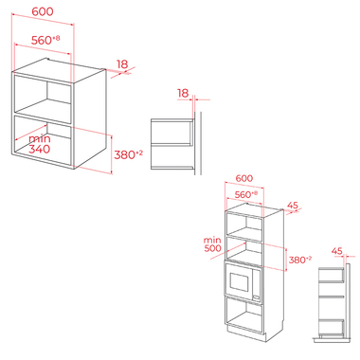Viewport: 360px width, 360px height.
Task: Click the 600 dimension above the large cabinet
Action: click(x=43, y=11)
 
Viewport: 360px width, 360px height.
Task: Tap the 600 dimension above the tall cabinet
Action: click(x=244, y=178)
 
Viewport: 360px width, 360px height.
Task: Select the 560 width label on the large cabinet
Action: click(x=42, y=41)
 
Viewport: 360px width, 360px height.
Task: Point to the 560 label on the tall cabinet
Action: click(x=243, y=195)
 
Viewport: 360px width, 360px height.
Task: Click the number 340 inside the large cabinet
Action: click(x=40, y=149)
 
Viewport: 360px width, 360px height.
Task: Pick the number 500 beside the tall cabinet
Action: click(x=212, y=248)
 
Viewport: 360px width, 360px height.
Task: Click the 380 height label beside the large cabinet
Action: click(x=124, y=155)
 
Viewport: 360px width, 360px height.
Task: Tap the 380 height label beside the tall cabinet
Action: click(x=297, y=260)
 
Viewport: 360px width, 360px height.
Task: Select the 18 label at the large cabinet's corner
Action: click(x=122, y=64)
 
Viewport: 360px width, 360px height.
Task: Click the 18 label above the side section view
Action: click(x=183, y=93)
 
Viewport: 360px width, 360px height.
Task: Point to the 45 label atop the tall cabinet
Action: click(x=293, y=206)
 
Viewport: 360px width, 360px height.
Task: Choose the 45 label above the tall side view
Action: click(x=337, y=251)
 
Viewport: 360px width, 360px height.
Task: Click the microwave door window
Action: click(x=239, y=281)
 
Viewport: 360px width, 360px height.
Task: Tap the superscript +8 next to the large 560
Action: click(x=56, y=38)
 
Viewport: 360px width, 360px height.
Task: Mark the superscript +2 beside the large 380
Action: click(x=139, y=153)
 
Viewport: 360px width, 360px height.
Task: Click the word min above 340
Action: click(x=40, y=139)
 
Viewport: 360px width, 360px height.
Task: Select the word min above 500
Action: click(x=212, y=241)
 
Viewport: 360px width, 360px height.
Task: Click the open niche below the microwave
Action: click(x=244, y=315)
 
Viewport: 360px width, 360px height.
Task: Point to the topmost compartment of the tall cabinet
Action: click(x=244, y=225)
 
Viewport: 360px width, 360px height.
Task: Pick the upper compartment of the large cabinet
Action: click(x=43, y=97)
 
